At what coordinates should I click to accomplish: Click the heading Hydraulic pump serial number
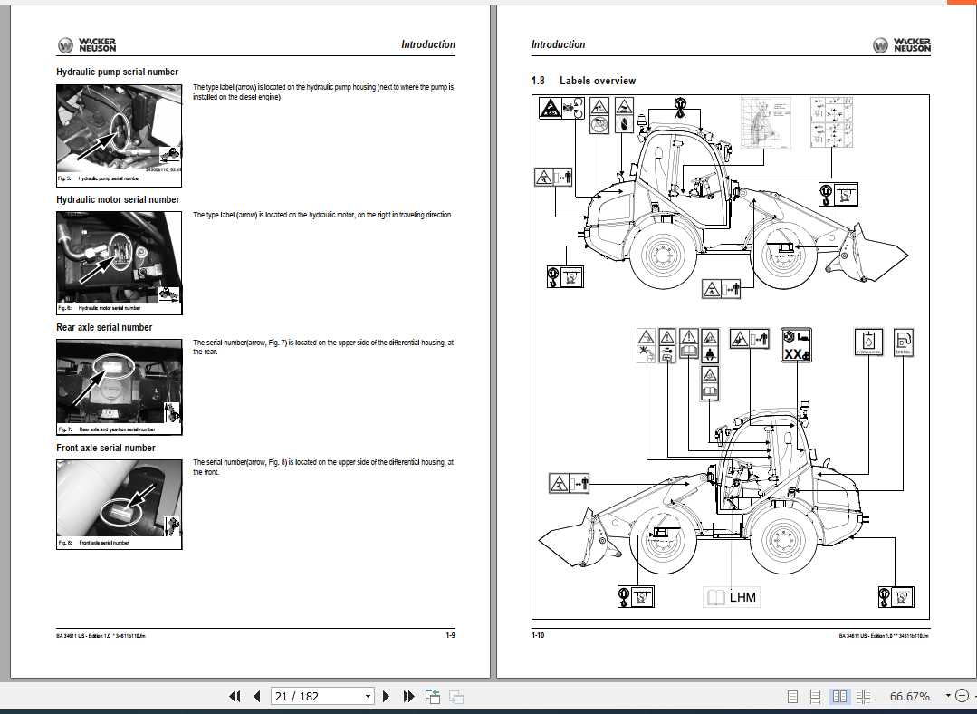(118, 72)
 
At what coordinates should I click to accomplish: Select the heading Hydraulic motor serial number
(119, 199)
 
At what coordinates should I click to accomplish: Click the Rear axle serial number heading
(105, 327)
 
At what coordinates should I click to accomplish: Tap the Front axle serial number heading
(106, 448)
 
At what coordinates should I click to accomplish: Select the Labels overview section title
(598, 81)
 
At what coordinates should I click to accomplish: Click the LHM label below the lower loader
(732, 597)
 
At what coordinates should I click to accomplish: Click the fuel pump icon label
(903, 343)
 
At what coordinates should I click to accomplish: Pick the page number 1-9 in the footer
(450, 635)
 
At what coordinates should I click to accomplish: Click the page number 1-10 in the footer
(538, 635)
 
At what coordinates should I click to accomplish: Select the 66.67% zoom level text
(909, 696)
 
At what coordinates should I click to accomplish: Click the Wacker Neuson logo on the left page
(87, 44)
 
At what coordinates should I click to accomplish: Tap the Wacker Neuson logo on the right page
(902, 44)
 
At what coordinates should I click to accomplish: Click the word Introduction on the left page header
(428, 44)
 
